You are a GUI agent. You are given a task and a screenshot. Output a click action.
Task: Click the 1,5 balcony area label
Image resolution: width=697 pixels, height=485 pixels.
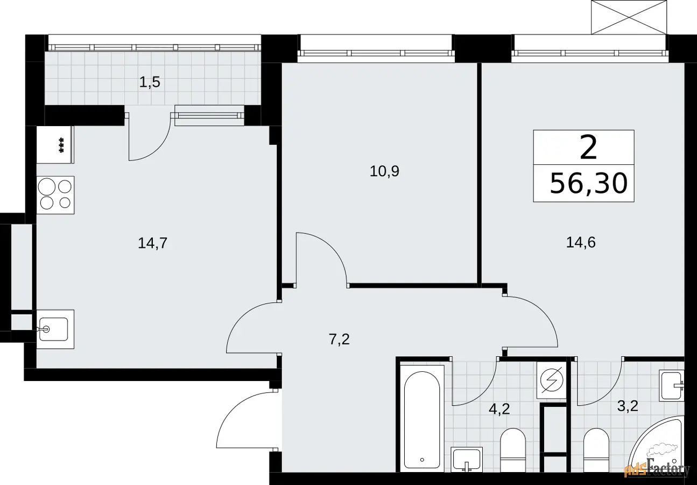tap(150, 82)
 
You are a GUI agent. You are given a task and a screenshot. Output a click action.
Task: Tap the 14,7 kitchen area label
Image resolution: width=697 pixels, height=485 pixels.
tap(152, 243)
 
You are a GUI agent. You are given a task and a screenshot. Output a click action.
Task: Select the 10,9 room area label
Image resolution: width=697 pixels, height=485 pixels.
tap(384, 171)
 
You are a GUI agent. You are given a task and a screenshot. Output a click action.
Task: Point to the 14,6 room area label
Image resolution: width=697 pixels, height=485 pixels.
tap(581, 242)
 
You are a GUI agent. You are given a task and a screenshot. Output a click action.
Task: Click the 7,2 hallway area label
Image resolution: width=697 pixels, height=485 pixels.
tap(339, 339)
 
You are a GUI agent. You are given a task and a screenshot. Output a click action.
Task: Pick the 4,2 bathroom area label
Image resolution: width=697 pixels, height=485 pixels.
tap(499, 409)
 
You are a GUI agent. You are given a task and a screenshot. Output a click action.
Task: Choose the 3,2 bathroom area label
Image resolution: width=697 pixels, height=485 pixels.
tap(628, 406)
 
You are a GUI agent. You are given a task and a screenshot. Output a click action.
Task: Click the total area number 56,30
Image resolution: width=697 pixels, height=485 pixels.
tap(588, 183)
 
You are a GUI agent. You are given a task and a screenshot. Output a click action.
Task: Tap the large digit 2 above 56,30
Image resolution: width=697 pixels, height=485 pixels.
tap(588, 148)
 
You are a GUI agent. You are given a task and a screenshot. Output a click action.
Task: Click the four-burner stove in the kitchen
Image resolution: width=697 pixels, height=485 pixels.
tap(55, 195)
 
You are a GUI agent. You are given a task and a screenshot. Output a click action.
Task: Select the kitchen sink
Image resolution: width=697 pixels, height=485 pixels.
tap(55, 329)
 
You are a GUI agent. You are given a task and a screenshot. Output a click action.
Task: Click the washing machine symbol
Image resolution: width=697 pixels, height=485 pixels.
tap(552, 380)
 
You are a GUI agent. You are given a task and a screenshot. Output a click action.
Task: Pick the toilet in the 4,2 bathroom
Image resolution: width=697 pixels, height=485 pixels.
tap(513, 450)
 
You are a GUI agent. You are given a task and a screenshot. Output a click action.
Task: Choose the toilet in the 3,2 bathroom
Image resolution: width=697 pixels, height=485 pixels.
tap(596, 450)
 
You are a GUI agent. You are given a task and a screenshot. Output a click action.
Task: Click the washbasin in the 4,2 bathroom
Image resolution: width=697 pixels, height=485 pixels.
tap(467, 460)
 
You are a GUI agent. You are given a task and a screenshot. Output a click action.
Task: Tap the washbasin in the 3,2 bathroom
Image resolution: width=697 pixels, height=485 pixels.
tap(672, 386)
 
